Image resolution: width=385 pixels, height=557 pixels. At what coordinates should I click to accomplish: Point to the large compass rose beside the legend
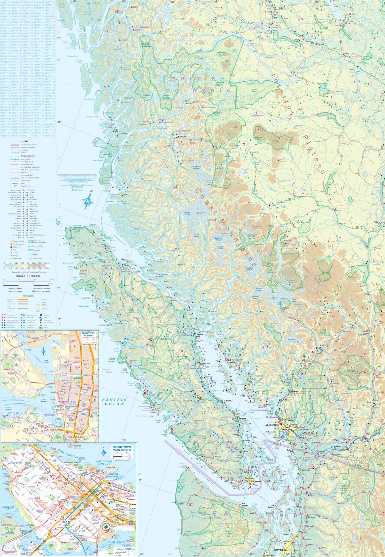(89, 201)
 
